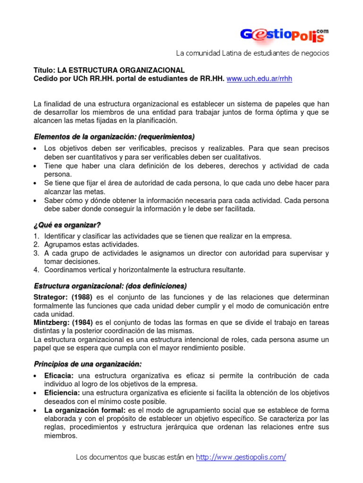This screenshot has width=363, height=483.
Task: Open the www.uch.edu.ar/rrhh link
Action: point(259,79)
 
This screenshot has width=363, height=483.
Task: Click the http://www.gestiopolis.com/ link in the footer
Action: point(241,457)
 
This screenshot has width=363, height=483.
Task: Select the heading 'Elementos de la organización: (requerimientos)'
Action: point(114,137)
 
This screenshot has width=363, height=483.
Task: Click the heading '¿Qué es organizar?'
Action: point(68,225)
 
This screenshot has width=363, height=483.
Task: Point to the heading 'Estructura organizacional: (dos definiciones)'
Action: point(111,286)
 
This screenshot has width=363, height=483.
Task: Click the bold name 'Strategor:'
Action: point(51,297)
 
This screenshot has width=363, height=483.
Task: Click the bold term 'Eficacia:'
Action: point(59,375)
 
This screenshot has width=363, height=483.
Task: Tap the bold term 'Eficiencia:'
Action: point(62,393)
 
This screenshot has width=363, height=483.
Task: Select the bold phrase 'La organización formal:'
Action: point(85,410)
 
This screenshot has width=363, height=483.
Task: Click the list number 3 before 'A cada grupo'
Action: point(36,253)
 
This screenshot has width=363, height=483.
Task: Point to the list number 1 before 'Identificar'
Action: point(36,236)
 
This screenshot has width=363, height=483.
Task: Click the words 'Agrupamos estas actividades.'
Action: point(92,244)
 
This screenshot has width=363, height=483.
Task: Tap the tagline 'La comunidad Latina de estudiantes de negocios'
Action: point(252,53)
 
